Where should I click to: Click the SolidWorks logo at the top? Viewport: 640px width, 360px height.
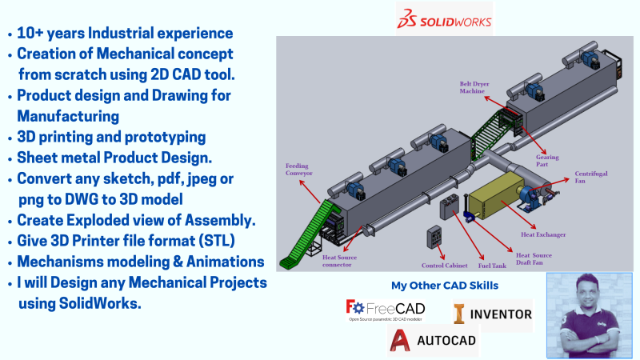[x=444, y=18]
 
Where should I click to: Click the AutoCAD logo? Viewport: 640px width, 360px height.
[x=433, y=341]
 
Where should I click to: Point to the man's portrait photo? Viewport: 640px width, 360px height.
[x=589, y=315]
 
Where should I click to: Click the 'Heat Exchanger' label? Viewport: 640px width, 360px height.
[x=543, y=235]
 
